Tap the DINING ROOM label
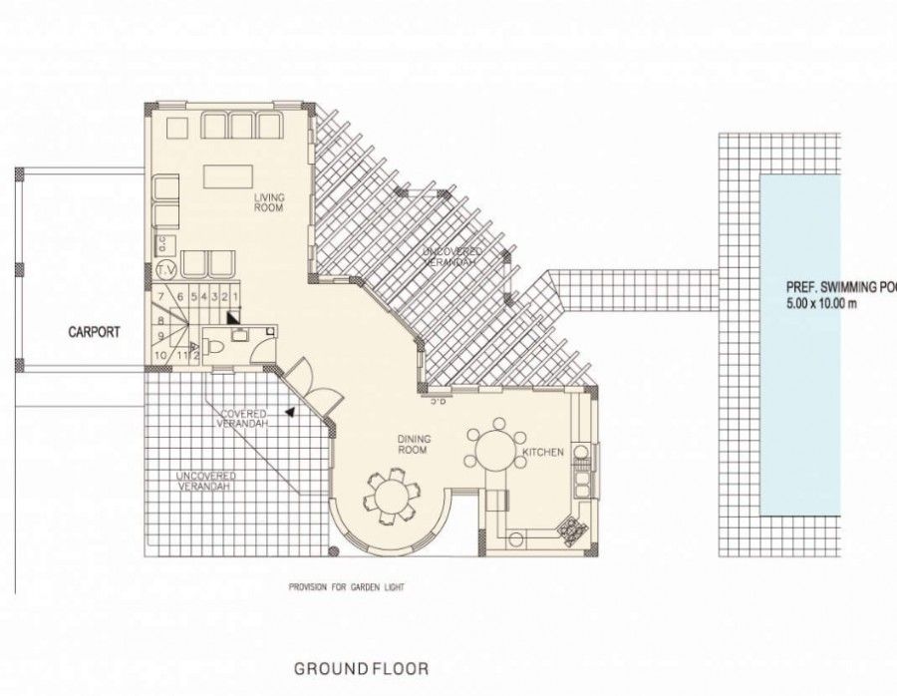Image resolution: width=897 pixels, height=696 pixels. [413, 444]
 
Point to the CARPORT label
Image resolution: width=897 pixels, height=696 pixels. [95, 332]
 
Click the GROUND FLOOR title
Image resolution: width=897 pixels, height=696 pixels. [362, 668]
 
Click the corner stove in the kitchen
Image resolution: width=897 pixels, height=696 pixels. [571, 530]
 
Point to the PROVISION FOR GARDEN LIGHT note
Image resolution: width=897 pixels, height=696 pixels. [346, 587]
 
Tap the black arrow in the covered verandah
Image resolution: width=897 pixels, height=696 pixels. [289, 410]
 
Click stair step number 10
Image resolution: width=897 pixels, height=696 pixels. [160, 353]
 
